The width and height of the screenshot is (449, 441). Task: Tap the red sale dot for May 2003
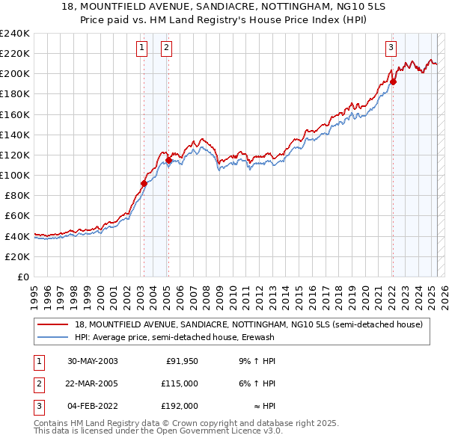[x=144, y=183]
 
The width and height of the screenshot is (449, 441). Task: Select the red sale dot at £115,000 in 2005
[x=168, y=160]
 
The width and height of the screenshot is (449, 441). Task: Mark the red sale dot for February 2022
[x=393, y=81]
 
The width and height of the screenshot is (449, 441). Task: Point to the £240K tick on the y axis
[x=15, y=33]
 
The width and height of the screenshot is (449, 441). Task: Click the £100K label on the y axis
[x=15, y=175]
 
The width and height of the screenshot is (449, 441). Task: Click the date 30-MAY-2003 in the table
[x=93, y=362]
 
